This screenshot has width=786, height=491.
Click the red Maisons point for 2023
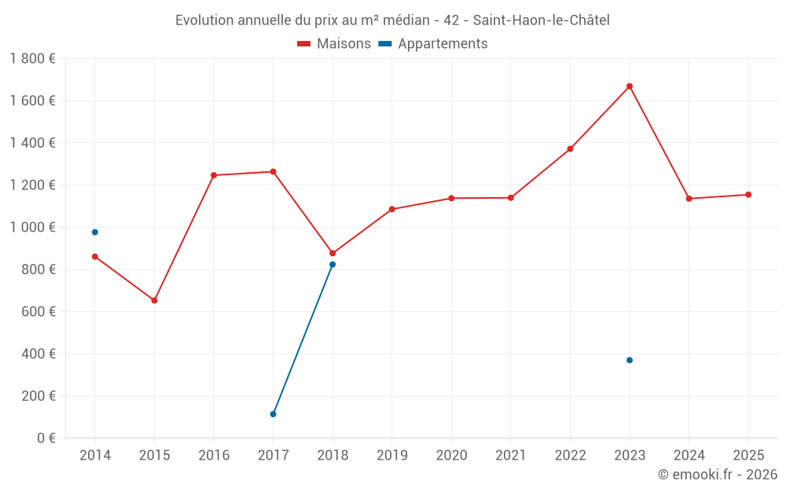pos(630,86)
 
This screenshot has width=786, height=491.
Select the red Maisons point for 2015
pos(154,300)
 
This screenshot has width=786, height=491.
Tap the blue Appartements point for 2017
pos(273,414)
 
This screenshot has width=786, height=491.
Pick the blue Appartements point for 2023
pos(630,360)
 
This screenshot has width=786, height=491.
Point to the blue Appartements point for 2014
pos(95,232)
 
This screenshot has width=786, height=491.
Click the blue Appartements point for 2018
pos(332,265)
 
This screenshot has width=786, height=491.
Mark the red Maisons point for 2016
pos(214,175)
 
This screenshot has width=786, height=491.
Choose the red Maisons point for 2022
pos(570,148)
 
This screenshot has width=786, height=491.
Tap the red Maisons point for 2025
pos(748,195)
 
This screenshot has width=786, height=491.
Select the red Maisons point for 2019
pos(392,209)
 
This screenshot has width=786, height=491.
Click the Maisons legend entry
pos(334,44)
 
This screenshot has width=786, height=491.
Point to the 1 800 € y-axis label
pos(32,59)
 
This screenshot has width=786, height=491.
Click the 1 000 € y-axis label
pos(32,227)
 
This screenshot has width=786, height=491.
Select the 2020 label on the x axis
pos(451,456)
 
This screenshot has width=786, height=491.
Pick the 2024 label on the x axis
pos(689,456)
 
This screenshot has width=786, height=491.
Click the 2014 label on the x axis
pos(95,456)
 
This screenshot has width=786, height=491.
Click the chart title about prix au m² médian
pos(392,20)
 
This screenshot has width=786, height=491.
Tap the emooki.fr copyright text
pos(717,475)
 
